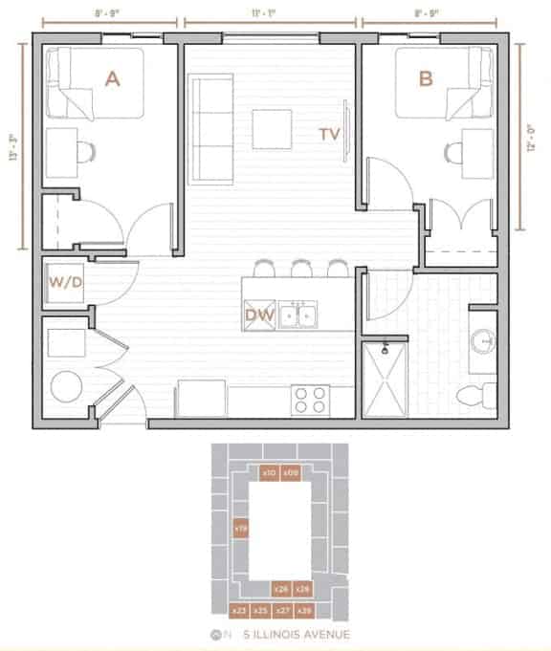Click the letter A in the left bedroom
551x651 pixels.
click(112, 80)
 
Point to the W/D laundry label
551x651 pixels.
click(64, 283)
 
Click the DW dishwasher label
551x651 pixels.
click(259, 313)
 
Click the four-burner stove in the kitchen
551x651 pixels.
click(310, 399)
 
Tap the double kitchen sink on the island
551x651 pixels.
click(299, 314)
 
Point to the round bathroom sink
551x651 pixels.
click(483, 338)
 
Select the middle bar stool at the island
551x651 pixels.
click(301, 268)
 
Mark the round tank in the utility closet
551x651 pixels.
click(67, 387)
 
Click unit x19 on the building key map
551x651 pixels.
click(241, 527)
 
